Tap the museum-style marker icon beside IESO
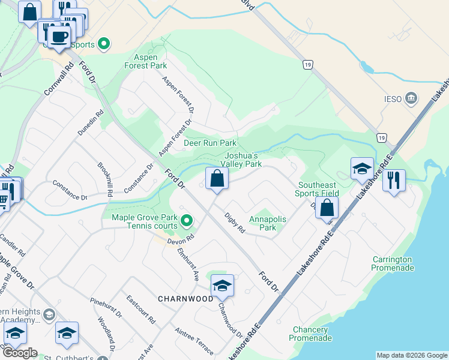click(x=412, y=97)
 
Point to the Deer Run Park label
click(x=210, y=143)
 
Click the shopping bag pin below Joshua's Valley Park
click(x=217, y=178)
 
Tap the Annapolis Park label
click(x=268, y=224)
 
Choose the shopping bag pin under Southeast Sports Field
click(x=327, y=208)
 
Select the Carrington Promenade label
click(x=393, y=263)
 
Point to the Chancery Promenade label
click(x=311, y=334)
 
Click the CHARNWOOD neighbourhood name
click(x=185, y=298)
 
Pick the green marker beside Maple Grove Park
click(x=187, y=221)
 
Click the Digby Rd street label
click(x=235, y=223)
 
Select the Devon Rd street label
click(x=182, y=238)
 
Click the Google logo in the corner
click(x=19, y=353)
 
